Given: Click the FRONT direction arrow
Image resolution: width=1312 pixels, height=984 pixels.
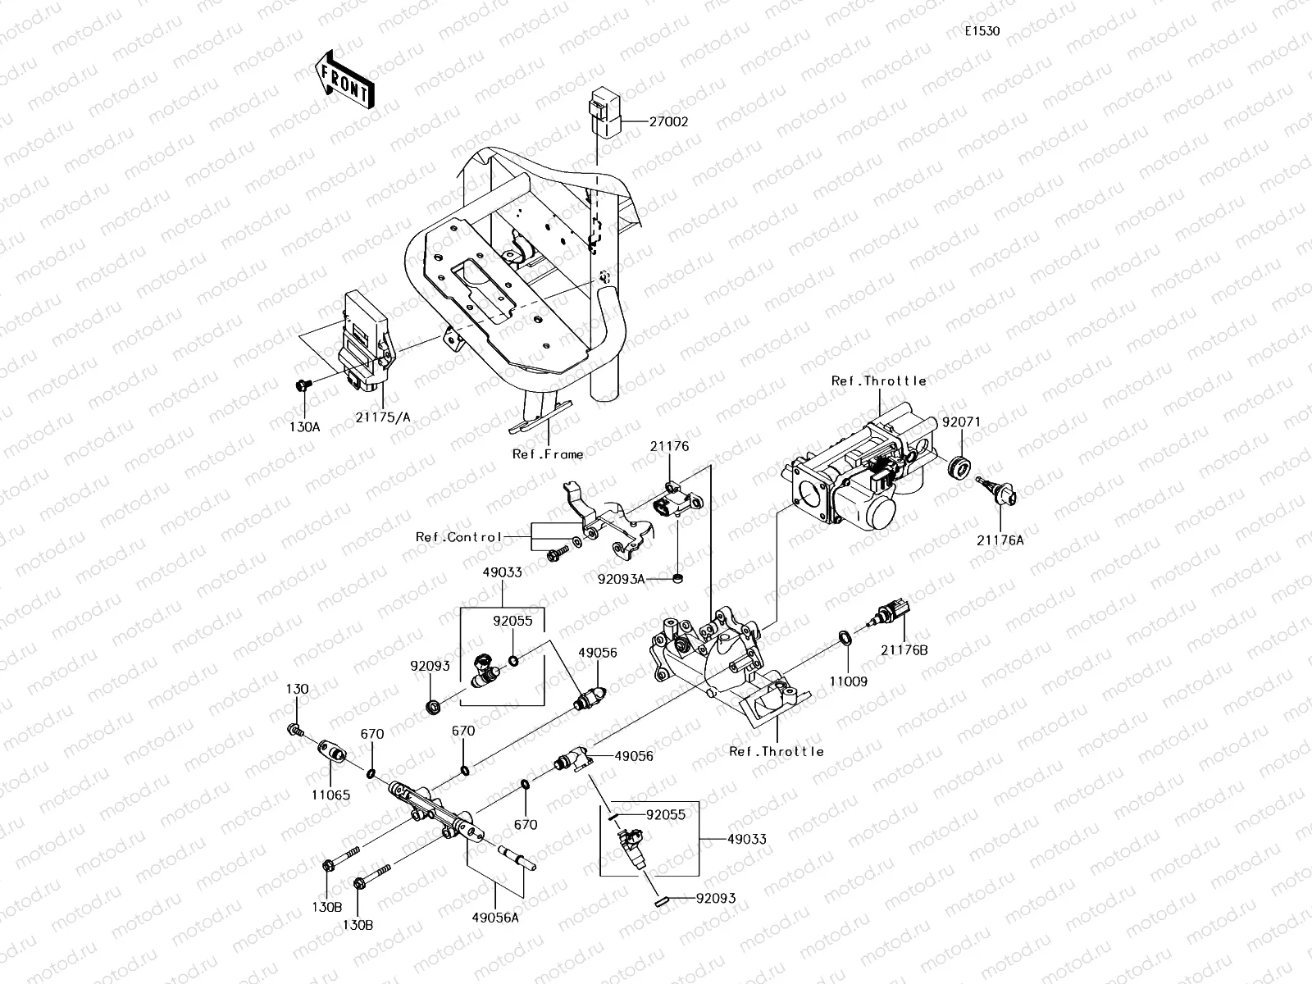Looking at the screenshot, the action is point(344,80).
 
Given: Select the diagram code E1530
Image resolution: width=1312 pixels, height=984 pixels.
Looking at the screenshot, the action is point(982,31).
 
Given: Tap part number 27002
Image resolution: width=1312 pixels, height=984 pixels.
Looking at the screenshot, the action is point(669,122).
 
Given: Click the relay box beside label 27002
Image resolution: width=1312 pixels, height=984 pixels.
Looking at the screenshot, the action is point(605,113).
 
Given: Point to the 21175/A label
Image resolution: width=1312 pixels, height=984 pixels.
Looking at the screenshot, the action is point(383,417).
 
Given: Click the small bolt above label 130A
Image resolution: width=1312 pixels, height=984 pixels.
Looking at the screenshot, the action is point(303,385).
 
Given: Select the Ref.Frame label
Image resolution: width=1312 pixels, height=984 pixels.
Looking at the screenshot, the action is point(548,454).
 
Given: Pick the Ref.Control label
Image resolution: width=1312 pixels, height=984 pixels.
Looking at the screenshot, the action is point(458,537).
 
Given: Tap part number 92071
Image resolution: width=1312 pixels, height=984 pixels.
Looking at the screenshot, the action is point(962,422).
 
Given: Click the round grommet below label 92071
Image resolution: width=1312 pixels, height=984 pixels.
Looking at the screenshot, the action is point(959,467).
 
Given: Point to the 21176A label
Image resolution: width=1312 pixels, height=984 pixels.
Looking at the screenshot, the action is point(1000,540).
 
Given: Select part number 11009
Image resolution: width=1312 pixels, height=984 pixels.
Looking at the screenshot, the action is point(848,681).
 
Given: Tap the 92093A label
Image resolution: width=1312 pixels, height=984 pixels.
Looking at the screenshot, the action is point(621,579).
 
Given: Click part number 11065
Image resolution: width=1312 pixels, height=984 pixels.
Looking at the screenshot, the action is point(330,795).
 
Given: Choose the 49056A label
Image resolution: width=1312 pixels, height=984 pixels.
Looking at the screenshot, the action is point(495,918).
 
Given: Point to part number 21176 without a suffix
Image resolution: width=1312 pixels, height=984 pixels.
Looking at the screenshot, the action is point(669,446).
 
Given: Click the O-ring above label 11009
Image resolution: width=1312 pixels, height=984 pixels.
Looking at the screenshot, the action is point(845,637).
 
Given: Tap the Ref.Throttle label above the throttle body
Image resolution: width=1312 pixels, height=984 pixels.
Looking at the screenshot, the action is point(879,381).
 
